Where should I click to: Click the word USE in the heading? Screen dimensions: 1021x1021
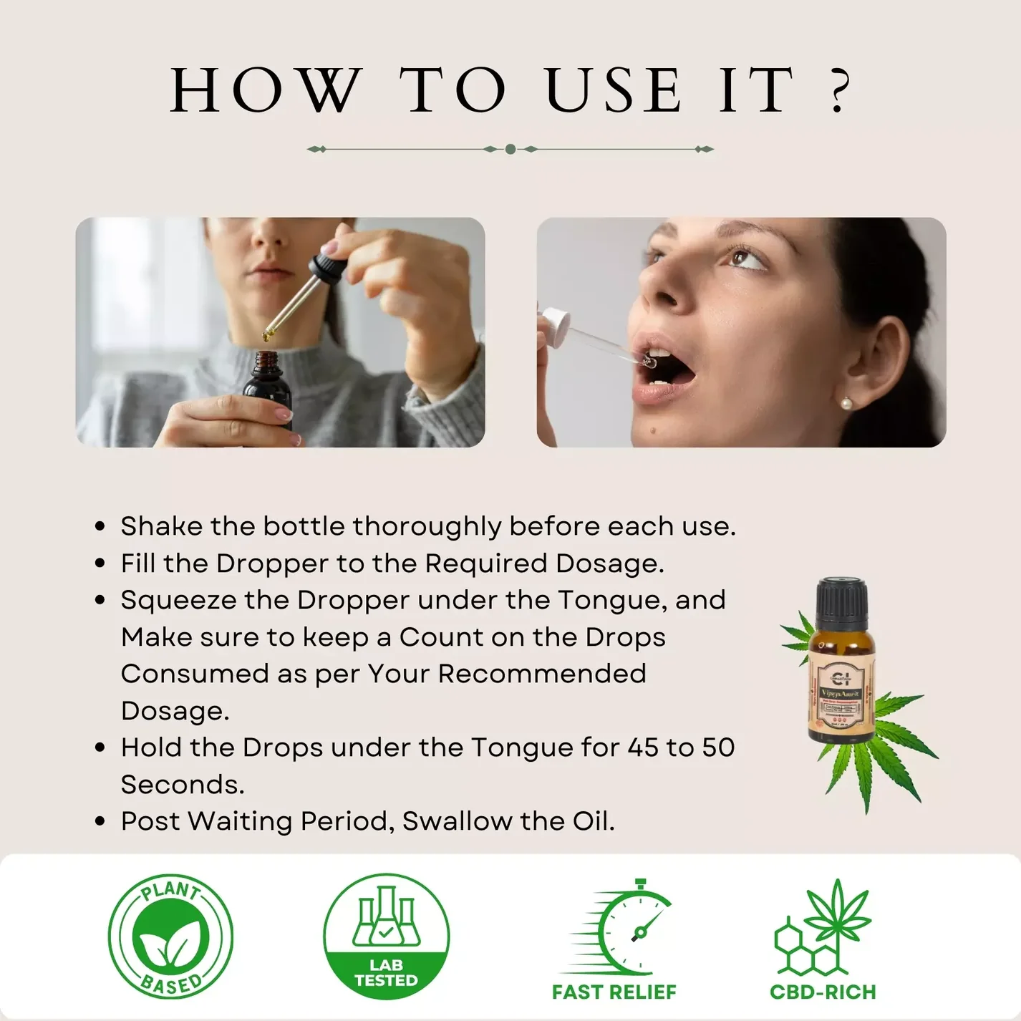[x=614, y=91]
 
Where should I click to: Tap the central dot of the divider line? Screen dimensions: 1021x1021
[x=511, y=149]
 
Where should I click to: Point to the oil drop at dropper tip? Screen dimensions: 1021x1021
[x=268, y=334]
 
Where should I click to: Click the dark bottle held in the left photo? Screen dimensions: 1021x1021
[x=267, y=390]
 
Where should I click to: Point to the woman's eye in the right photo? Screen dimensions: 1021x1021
[x=737, y=256]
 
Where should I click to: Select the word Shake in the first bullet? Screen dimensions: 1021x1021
[x=161, y=526]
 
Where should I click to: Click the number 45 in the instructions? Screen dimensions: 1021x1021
[x=643, y=747]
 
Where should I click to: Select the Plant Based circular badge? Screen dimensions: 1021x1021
[x=170, y=937]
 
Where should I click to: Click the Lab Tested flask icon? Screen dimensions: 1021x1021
[x=386, y=917]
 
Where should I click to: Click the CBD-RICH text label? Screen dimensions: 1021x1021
[x=823, y=992]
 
